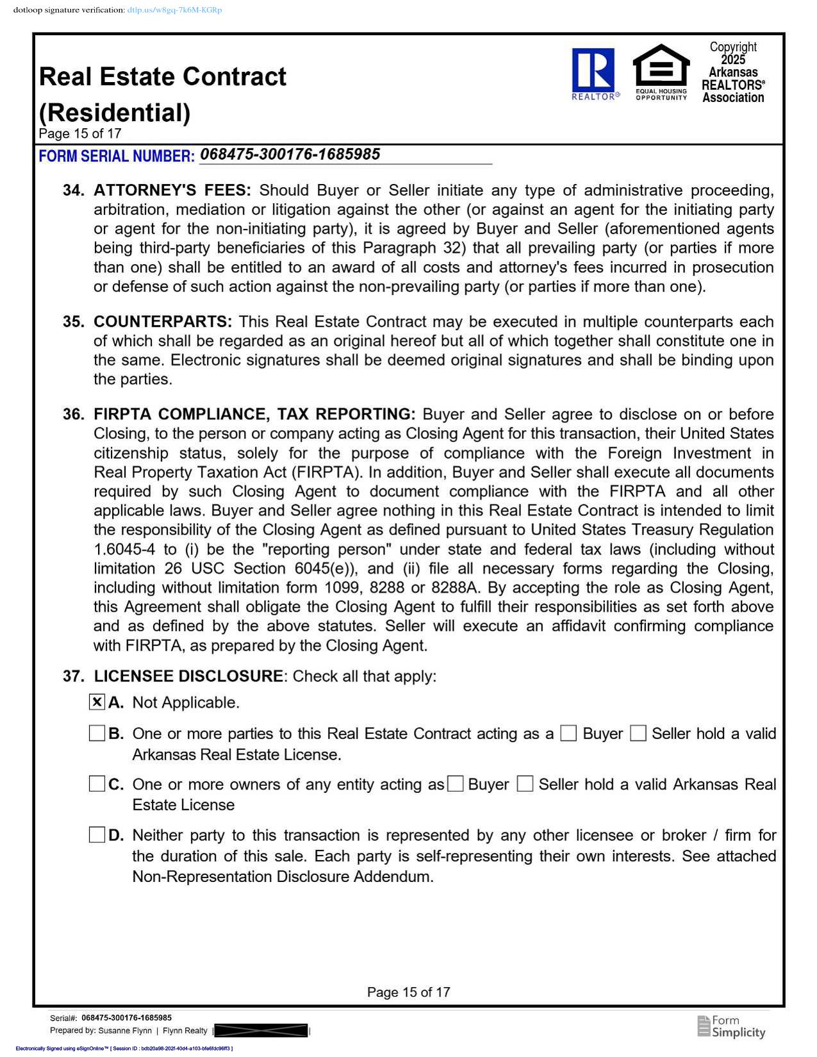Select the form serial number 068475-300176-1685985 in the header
pyautogui.click(x=290, y=154)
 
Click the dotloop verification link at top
pyautogui.click(x=174, y=10)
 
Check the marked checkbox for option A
pyautogui.click(x=97, y=702)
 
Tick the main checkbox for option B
pyautogui.click(x=97, y=733)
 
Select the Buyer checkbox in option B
pyautogui.click(x=568, y=733)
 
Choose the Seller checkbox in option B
pyautogui.click(x=638, y=733)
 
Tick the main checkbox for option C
pyautogui.click(x=97, y=783)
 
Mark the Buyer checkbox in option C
pyautogui.click(x=455, y=783)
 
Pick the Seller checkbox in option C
pyautogui.click(x=525, y=783)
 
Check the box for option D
pyautogui.click(x=97, y=835)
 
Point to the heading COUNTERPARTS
pyautogui.click(x=163, y=322)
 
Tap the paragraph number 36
pyautogui.click(x=73, y=415)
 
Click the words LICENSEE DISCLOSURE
pyautogui.click(x=188, y=676)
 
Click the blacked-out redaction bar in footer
pyautogui.click(x=261, y=1031)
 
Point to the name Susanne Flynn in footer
pyautogui.click(x=125, y=1031)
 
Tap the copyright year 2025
pyautogui.click(x=733, y=60)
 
